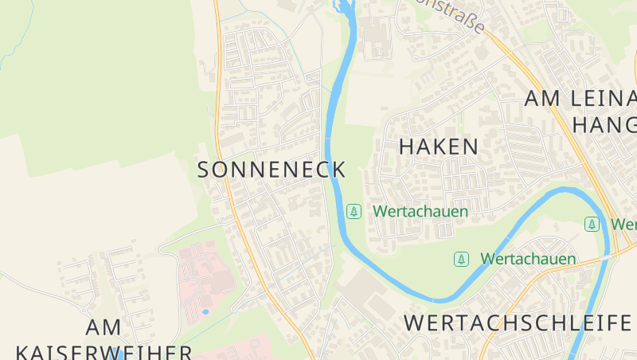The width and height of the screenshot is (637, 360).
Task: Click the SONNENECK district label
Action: point(272,170)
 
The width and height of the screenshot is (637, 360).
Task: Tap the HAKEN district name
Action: point(439,147)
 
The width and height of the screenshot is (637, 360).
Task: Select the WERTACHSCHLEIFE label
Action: point(518,323)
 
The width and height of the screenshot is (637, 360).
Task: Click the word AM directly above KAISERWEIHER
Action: point(104,327)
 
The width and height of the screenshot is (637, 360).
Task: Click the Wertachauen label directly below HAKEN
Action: point(420,212)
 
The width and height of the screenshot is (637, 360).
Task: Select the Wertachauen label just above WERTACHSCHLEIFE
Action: point(528,260)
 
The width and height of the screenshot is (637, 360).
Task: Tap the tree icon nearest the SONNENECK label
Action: point(354,212)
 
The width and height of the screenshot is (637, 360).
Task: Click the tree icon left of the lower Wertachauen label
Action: point(461,260)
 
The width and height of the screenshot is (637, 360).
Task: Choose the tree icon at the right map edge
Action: point(592,225)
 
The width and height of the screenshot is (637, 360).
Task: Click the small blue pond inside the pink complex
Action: point(205,311)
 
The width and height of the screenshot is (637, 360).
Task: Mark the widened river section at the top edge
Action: point(344,8)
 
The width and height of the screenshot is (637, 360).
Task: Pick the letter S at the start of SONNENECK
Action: point(203,170)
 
